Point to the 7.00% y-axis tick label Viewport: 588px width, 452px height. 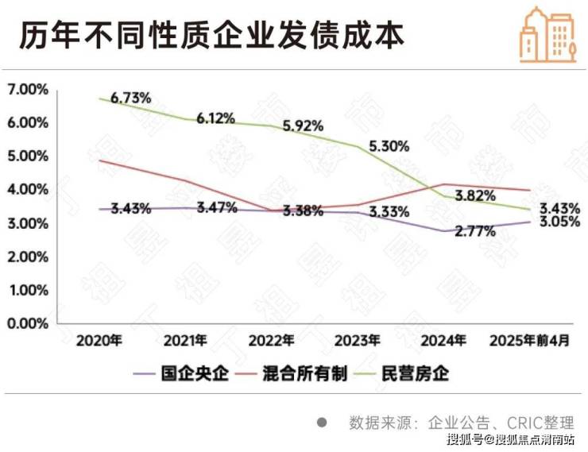27,89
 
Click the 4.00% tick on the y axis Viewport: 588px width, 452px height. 27,190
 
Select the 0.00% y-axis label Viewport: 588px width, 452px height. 27,324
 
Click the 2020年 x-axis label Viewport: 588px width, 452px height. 99,341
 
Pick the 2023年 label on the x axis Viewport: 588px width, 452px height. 358,341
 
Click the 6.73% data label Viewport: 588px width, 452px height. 131,98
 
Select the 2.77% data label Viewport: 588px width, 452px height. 475,231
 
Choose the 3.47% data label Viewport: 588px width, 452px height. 215,208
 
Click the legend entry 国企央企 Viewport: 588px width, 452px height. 195,373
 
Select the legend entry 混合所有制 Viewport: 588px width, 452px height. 305,373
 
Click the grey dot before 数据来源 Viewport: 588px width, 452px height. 322,421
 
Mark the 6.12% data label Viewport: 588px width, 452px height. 215,118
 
